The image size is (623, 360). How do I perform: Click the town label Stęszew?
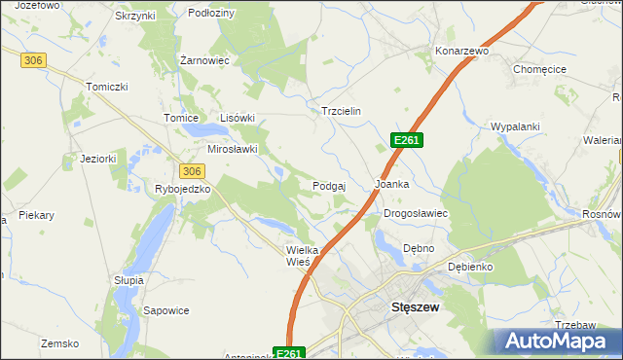point(415,306)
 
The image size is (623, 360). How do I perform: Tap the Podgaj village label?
point(330,186)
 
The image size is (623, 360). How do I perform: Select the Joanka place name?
point(391,183)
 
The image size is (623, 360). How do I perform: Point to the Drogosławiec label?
point(415,213)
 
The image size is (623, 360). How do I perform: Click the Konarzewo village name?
point(461,50)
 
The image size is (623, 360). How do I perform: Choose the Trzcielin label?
point(341,111)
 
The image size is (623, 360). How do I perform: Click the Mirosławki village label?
point(233,149)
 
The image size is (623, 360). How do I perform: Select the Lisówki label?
point(237,118)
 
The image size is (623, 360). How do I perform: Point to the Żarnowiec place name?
point(204,59)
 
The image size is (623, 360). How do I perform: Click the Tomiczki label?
point(107,87)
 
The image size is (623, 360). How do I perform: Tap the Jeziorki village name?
point(98,158)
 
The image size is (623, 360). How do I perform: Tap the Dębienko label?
point(470,267)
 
